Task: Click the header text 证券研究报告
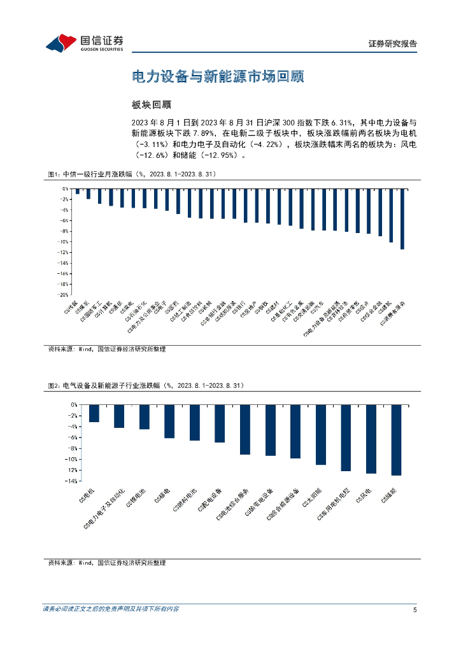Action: [x=393, y=44]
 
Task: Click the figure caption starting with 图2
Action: [x=146, y=386]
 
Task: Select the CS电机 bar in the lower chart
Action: [x=94, y=413]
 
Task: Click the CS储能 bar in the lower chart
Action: [x=396, y=440]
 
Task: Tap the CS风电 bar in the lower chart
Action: [x=371, y=439]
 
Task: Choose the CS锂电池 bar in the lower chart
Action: [x=145, y=417]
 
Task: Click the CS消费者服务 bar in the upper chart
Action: [x=402, y=219]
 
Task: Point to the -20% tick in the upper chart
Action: [x=63, y=295]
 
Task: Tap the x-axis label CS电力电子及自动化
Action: [x=105, y=509]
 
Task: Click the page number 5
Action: [x=415, y=610]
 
